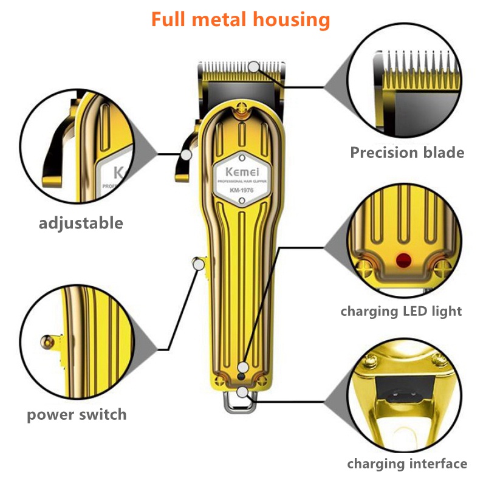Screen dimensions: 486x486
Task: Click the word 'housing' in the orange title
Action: [x=292, y=20]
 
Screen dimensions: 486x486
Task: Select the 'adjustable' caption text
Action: [x=81, y=223]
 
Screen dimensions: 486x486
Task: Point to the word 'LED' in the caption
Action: [x=414, y=311]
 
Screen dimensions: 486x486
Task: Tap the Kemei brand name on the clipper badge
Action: [x=242, y=171]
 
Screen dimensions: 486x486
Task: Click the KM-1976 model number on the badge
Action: [x=242, y=190]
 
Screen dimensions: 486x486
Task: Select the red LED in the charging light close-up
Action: [x=403, y=260]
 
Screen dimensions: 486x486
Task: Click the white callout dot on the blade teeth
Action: [x=254, y=67]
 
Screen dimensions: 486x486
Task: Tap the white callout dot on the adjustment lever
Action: [x=187, y=155]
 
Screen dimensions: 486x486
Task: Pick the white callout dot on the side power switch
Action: [x=199, y=264]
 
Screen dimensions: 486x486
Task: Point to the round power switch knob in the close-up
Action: [x=47, y=342]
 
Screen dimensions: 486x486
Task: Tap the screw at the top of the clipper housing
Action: [x=241, y=108]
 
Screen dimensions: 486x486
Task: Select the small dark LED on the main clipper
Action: [x=241, y=377]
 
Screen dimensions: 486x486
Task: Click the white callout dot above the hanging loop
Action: [x=242, y=392]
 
